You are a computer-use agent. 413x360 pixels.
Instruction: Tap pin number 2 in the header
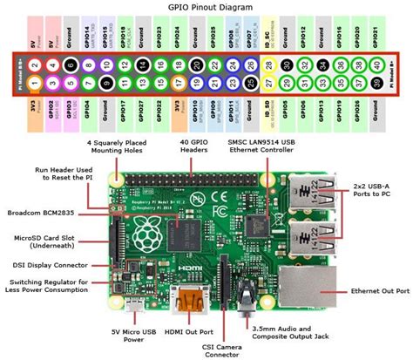pos(33,64)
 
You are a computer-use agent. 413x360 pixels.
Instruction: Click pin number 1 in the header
pos(33,83)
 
